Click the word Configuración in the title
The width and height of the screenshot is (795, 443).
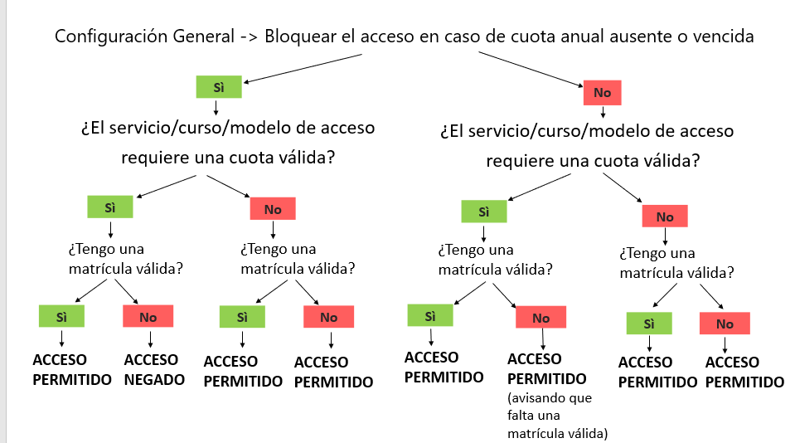112,37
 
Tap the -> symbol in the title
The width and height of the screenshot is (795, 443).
248,37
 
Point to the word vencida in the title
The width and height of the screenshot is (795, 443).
725,37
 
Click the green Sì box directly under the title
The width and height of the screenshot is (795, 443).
219,86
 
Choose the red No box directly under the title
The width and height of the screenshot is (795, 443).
603,92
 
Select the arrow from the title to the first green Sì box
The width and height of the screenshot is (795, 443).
303,68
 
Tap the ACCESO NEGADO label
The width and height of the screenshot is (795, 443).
151,370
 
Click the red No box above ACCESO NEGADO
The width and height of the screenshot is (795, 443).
148,316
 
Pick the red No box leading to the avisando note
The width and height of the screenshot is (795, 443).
541,318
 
